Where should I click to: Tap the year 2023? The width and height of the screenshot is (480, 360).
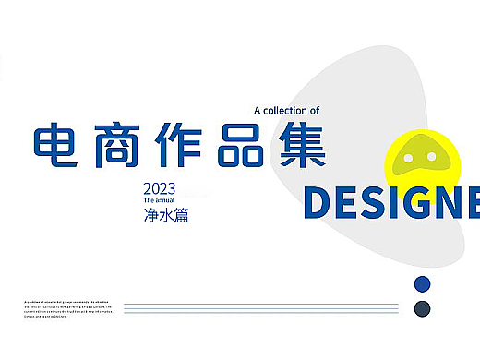coord(158,188)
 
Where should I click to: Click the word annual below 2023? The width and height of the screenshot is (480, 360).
coord(166,199)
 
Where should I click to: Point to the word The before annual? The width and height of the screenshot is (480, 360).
coord(149,199)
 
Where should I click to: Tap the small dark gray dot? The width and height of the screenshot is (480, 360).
coord(423,307)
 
